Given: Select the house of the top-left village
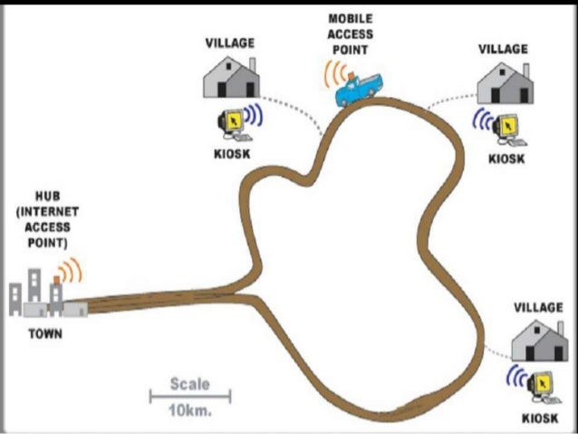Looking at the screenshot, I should coord(230,75).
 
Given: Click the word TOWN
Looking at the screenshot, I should coord(44,333).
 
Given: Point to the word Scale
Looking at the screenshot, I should coord(189,384).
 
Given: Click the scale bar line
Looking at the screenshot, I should coord(190,396).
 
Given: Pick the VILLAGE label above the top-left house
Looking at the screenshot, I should coord(230,43).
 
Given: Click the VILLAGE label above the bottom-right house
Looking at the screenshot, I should coord(538,308).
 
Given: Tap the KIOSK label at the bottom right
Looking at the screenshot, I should coord(540,419).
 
